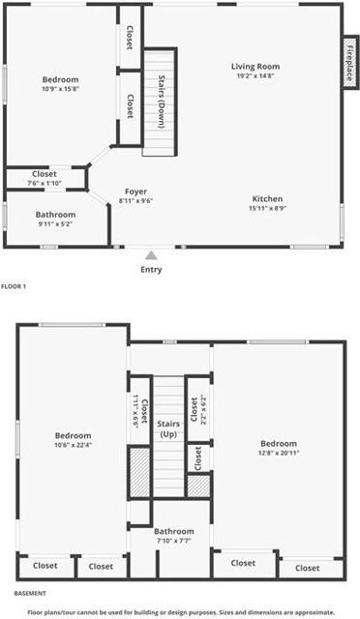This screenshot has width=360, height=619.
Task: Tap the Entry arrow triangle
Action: [151, 256]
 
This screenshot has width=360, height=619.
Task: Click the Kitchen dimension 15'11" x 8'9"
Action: [267, 208]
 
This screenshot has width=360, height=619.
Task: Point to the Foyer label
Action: [135, 191]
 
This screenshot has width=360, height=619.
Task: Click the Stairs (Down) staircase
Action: [161, 102]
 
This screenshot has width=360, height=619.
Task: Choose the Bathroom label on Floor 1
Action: [55, 214]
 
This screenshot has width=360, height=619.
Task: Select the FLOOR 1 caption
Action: [14, 286]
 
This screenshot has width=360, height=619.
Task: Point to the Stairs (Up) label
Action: [169, 429]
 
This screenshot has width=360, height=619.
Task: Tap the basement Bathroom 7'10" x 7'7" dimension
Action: [173, 542]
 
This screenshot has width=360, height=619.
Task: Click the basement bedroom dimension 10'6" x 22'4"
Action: [73, 446]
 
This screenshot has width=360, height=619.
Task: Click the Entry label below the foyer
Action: [151, 270]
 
